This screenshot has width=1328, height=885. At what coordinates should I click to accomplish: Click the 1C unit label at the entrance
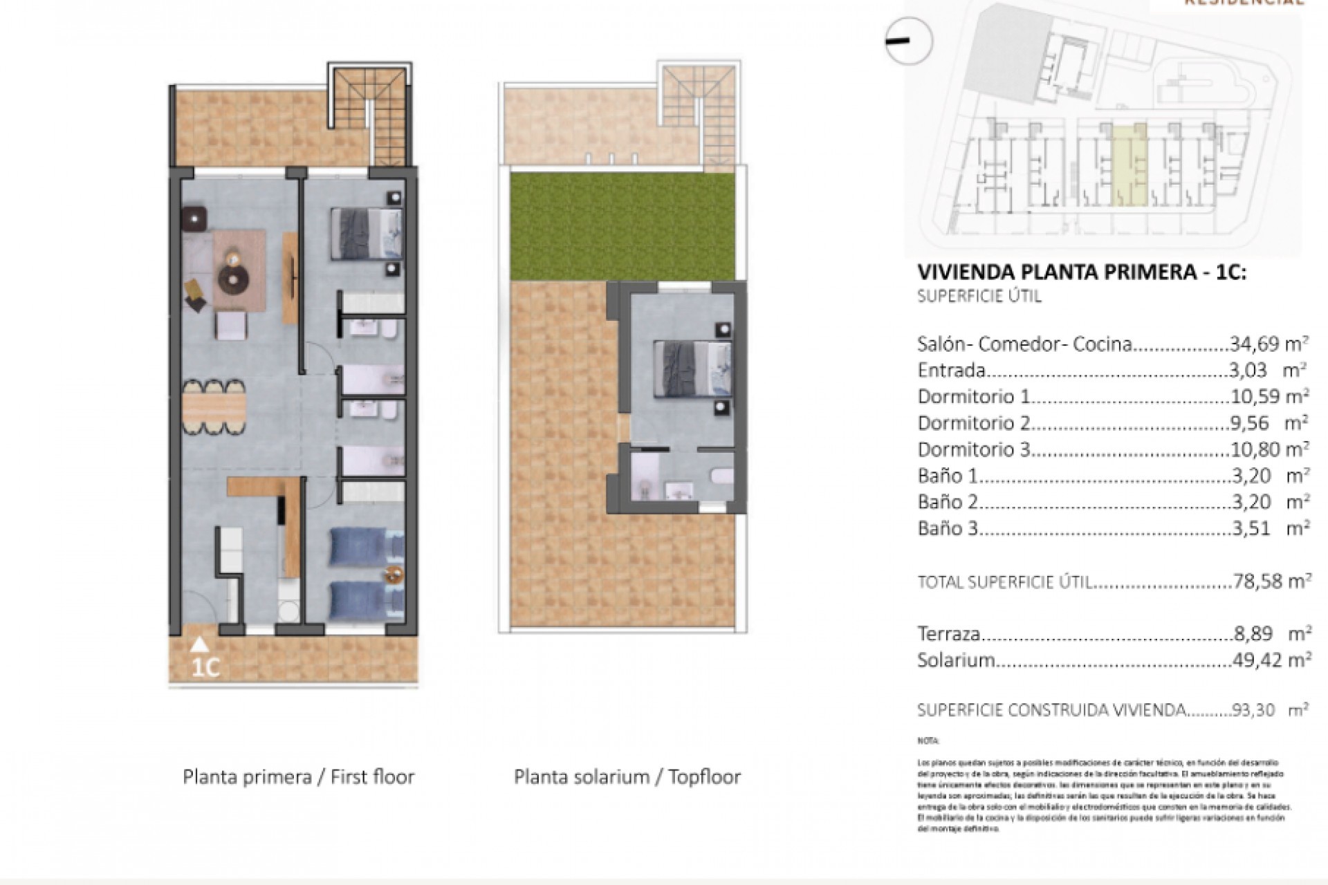(205, 668)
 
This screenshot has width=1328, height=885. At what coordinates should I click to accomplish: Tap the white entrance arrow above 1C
(199, 644)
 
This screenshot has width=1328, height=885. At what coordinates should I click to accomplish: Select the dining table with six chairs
(214, 407)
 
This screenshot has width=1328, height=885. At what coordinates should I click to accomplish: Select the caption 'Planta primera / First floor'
(298, 776)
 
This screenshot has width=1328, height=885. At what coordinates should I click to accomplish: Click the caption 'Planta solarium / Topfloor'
(627, 776)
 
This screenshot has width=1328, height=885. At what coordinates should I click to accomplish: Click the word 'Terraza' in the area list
(948, 633)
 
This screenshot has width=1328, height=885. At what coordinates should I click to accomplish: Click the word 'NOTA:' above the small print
(928, 740)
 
